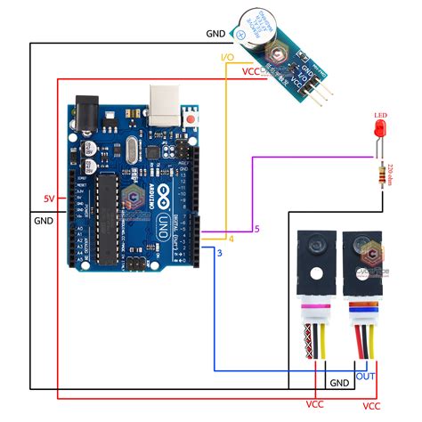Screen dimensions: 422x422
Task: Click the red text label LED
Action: coord(380,115)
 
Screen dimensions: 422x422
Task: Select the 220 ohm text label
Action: coord(393,172)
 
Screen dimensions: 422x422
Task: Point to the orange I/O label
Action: coord(227,58)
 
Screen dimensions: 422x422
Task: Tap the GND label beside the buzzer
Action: coord(215,33)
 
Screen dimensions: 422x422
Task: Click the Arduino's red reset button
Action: coord(191,117)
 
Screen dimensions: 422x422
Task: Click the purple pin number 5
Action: coord(256,229)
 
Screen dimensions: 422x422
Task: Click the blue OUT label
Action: coord(365,377)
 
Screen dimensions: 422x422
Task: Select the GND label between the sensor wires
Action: coord(338,383)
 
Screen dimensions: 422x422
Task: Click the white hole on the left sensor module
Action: coord(315,274)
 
